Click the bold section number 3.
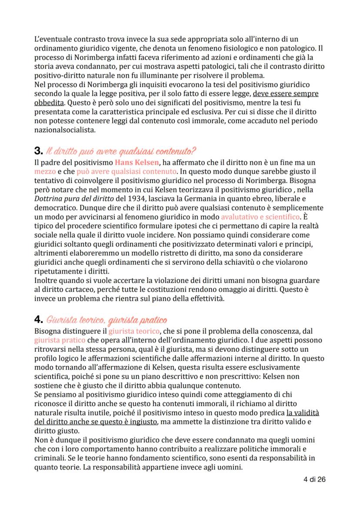coord(37,152)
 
